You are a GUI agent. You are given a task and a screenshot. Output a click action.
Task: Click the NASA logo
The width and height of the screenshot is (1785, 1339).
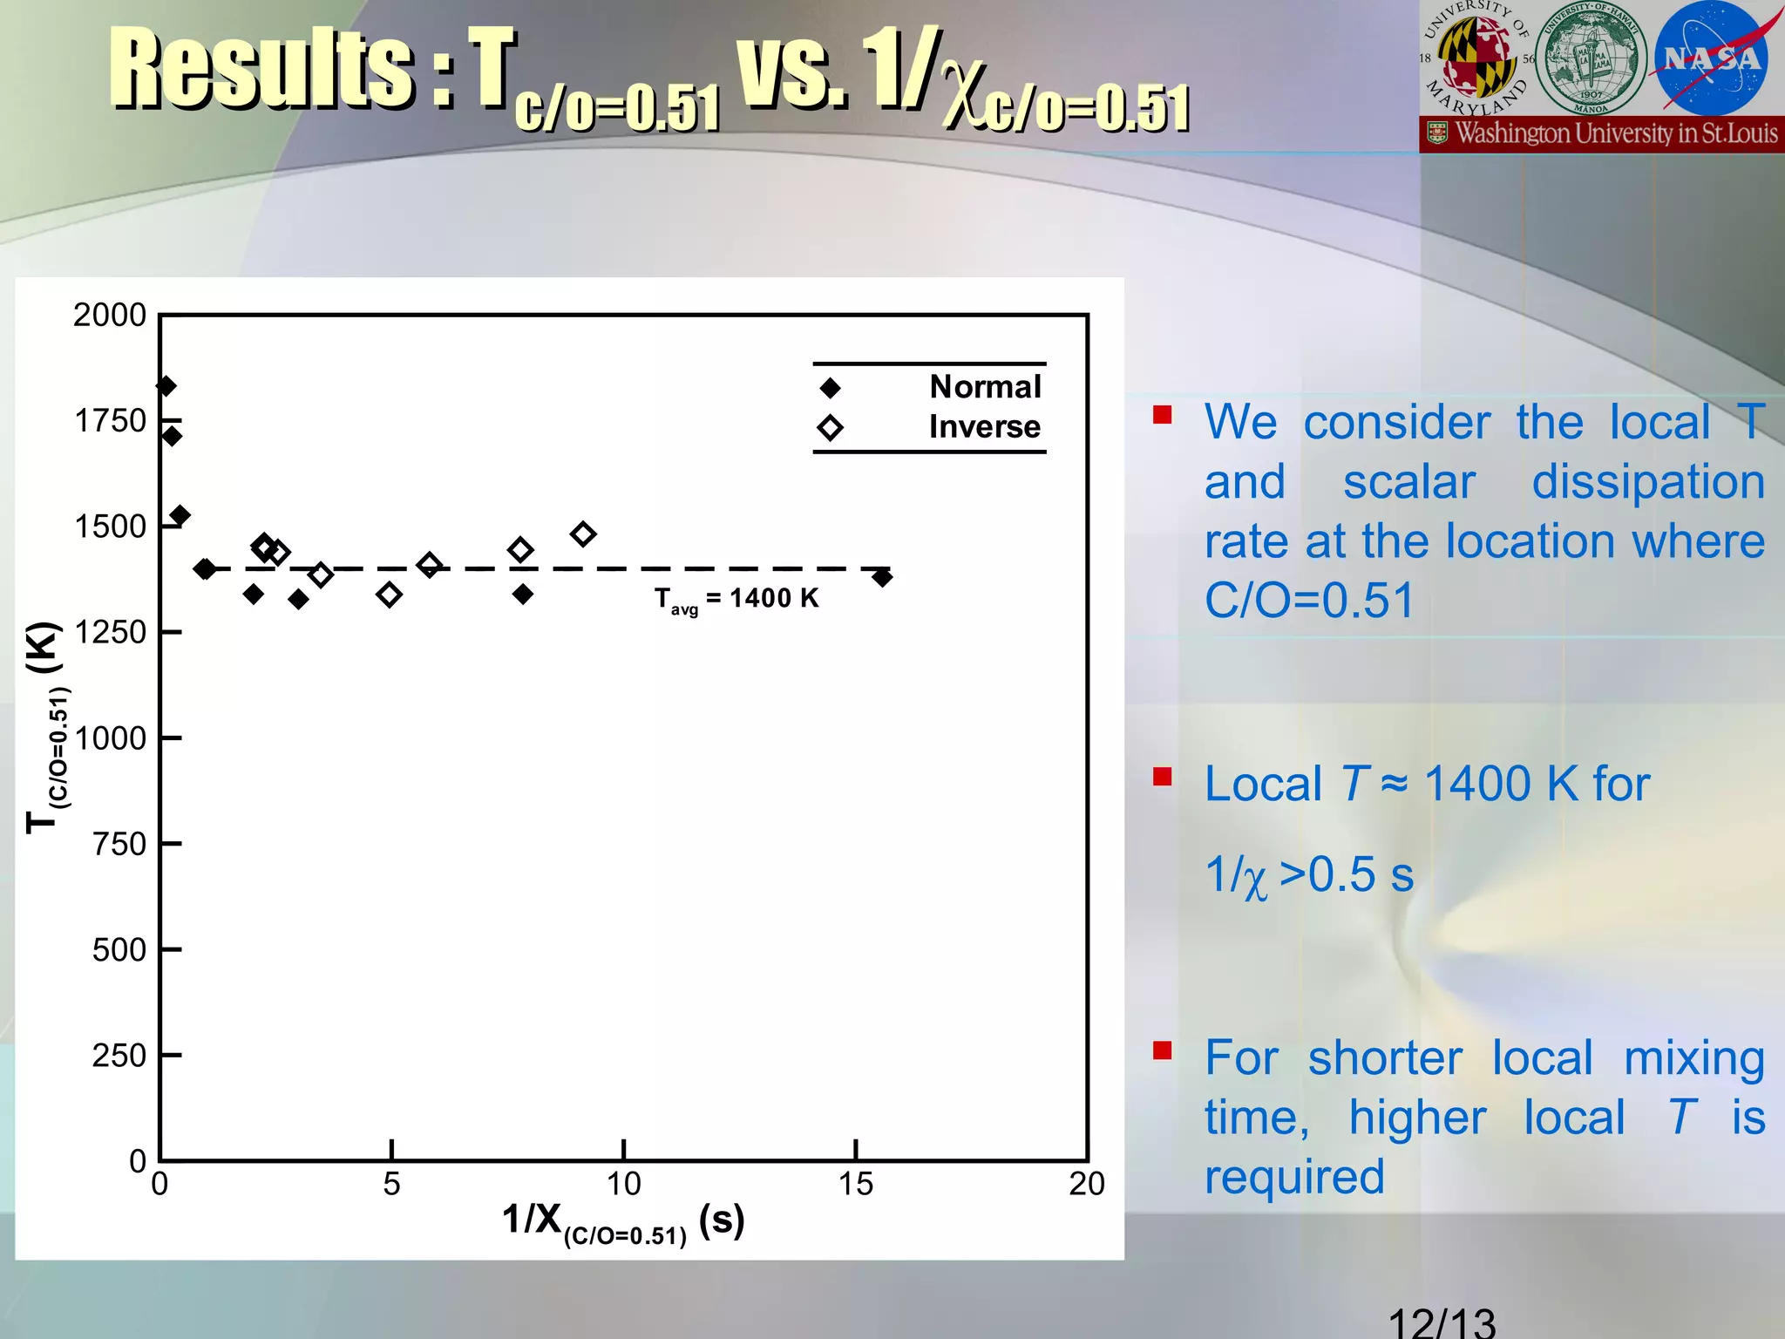(x=1711, y=59)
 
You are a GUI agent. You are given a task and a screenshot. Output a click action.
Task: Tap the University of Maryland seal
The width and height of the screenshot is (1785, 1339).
(x=1477, y=59)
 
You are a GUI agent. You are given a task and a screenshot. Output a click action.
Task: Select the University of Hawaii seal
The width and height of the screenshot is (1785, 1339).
(x=1591, y=59)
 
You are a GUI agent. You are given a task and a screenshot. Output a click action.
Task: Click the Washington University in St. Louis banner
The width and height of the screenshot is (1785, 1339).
(x=1602, y=134)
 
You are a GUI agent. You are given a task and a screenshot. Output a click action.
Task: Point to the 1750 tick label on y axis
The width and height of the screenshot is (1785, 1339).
(x=111, y=421)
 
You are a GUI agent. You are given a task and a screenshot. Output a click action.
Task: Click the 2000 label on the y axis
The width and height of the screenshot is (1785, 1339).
(x=110, y=315)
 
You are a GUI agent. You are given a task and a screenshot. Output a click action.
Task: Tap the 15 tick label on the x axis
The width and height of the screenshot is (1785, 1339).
(x=855, y=1184)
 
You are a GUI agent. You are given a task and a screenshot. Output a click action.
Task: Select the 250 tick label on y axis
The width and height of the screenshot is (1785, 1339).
(x=119, y=1056)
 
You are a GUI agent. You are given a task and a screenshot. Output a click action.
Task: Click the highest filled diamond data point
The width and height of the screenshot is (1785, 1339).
(x=166, y=386)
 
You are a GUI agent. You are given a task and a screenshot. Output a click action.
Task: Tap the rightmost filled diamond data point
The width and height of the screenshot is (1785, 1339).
(x=882, y=576)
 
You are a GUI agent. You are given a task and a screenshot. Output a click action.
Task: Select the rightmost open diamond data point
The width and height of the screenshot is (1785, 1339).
(x=583, y=534)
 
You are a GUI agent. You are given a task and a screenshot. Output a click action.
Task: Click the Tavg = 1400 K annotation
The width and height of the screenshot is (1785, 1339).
(x=736, y=599)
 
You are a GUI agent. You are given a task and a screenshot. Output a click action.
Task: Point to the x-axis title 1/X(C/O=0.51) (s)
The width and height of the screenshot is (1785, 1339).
(x=622, y=1221)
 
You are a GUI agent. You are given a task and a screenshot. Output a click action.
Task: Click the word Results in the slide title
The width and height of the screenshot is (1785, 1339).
(x=261, y=70)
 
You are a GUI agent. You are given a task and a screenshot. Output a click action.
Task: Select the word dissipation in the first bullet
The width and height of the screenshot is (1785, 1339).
(x=1648, y=482)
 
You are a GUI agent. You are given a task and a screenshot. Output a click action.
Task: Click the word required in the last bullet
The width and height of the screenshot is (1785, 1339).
(x=1294, y=1177)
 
